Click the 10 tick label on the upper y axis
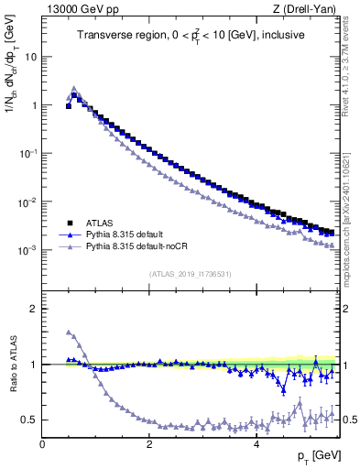30,57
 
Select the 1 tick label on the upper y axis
34,105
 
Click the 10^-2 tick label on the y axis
28,202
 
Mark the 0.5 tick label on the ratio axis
28,420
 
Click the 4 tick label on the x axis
256,444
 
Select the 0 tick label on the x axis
42,444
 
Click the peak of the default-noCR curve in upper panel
74,89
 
